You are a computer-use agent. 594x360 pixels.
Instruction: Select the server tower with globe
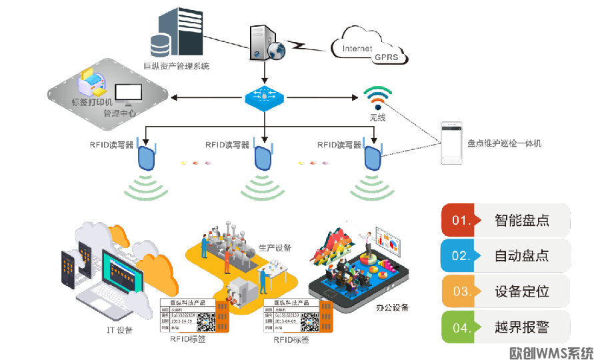pos(265,42)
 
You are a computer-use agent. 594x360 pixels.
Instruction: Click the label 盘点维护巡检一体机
pos(505,143)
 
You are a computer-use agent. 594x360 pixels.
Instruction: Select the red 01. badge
pos(460,220)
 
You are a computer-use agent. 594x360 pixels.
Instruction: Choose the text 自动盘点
pos(522,256)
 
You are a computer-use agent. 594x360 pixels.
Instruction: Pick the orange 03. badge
pos(460,291)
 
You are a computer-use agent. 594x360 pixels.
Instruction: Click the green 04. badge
pos(460,327)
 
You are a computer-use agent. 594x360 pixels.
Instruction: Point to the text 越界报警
pos(522,327)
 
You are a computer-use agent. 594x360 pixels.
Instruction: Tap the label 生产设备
pos(275,248)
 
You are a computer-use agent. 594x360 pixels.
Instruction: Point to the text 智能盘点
pos(522,220)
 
